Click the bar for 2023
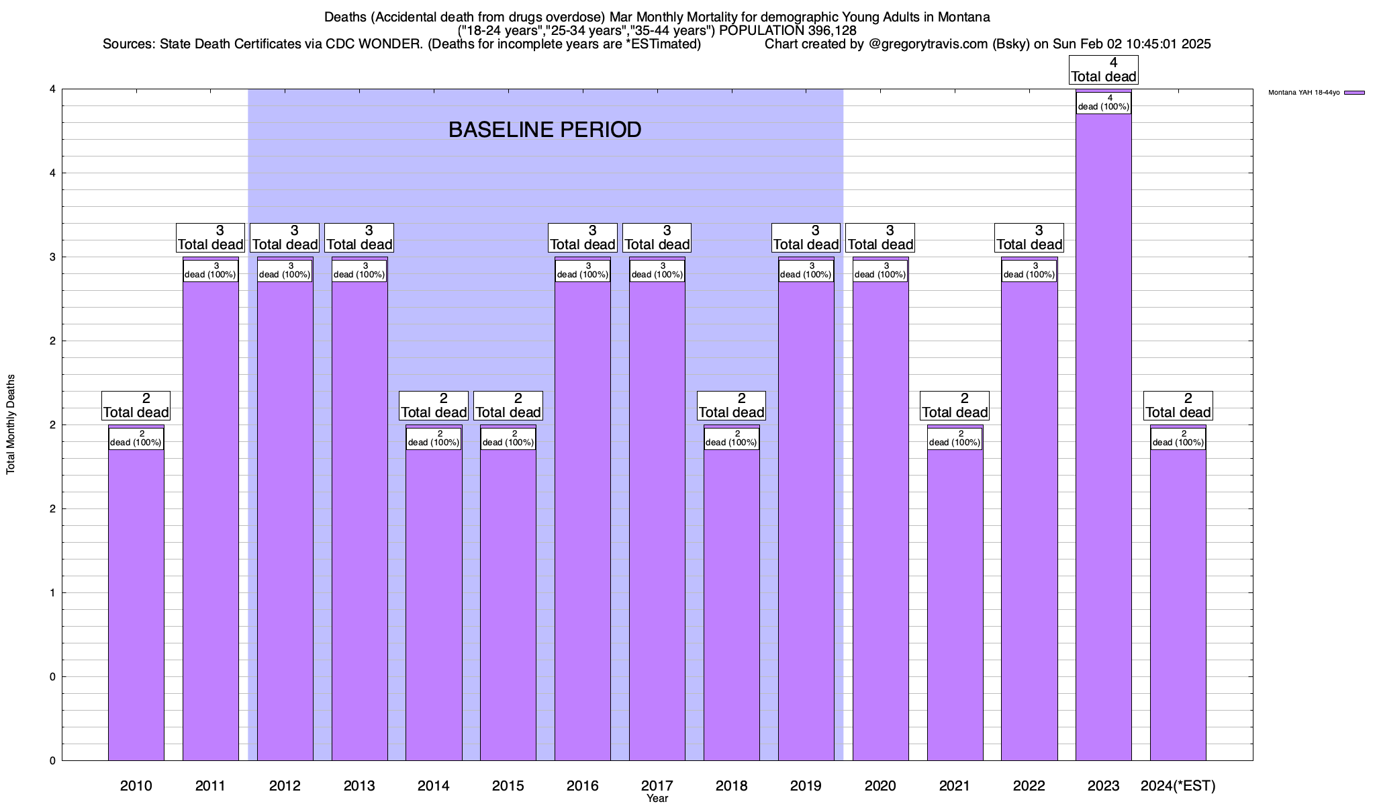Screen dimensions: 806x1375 (x=1103, y=437)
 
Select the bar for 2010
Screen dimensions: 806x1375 (x=136, y=604)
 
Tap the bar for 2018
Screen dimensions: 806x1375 (x=731, y=604)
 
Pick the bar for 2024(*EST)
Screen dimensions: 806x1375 (x=1178, y=604)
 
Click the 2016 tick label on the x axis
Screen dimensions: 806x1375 (x=582, y=785)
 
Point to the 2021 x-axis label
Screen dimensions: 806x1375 (x=954, y=785)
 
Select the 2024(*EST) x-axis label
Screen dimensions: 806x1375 (x=1178, y=785)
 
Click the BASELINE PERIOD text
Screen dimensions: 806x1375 (x=544, y=130)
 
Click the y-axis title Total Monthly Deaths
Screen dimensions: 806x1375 (x=11, y=424)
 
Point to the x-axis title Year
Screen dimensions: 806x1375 (x=657, y=799)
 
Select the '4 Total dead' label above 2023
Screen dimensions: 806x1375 (x=1103, y=71)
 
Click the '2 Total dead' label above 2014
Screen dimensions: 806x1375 (x=433, y=406)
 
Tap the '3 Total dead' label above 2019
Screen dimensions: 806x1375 (x=806, y=238)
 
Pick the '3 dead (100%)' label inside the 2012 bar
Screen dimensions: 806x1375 (x=285, y=270)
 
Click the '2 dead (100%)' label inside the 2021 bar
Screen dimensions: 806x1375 (x=954, y=438)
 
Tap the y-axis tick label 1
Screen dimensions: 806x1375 (x=52, y=592)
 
